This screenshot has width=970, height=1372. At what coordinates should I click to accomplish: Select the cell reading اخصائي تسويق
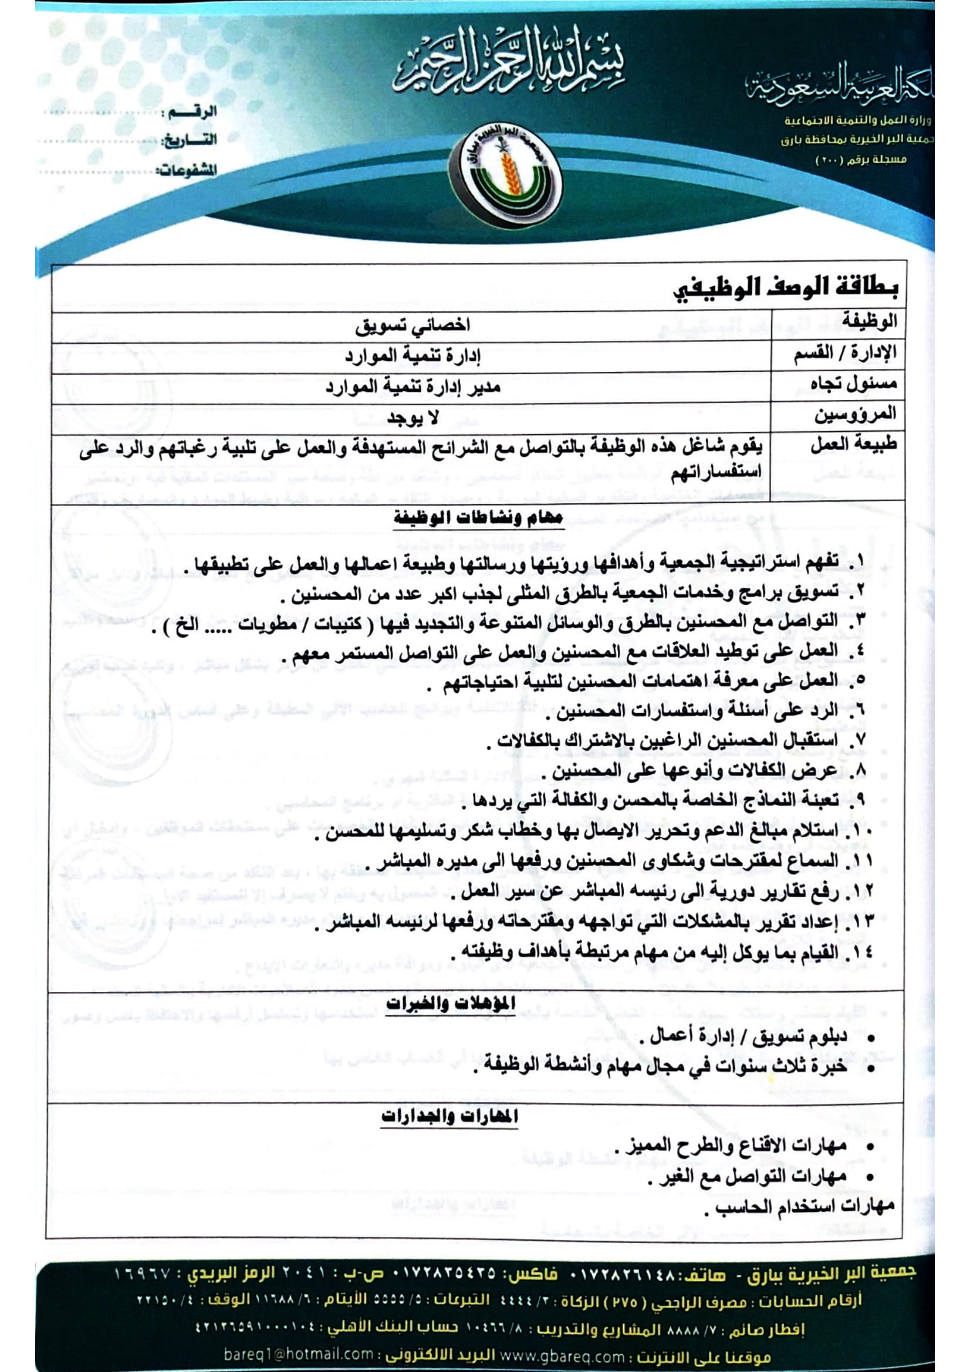[413, 326]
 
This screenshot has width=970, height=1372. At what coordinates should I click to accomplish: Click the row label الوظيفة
[869, 323]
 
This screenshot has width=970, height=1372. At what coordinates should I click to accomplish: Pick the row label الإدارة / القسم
[845, 354]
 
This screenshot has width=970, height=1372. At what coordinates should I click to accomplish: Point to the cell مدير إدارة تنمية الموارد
[413, 387]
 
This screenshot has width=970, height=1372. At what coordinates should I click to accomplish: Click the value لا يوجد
[413, 418]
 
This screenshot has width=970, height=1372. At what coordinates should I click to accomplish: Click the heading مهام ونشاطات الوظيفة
[478, 517]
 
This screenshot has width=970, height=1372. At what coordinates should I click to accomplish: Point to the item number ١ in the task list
[859, 562]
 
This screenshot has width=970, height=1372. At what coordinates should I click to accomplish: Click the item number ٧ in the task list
[859, 741]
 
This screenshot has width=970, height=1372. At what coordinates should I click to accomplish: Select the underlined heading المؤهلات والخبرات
[450, 1003]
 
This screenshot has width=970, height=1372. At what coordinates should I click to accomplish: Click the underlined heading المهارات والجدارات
[449, 1116]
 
